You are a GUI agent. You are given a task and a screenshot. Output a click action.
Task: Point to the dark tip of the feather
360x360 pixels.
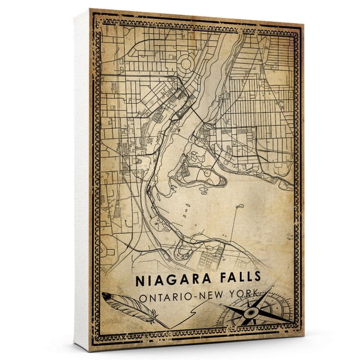click(x=107, y=296)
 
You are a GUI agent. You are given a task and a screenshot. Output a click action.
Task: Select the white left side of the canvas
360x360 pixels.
click(x=82, y=187)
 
